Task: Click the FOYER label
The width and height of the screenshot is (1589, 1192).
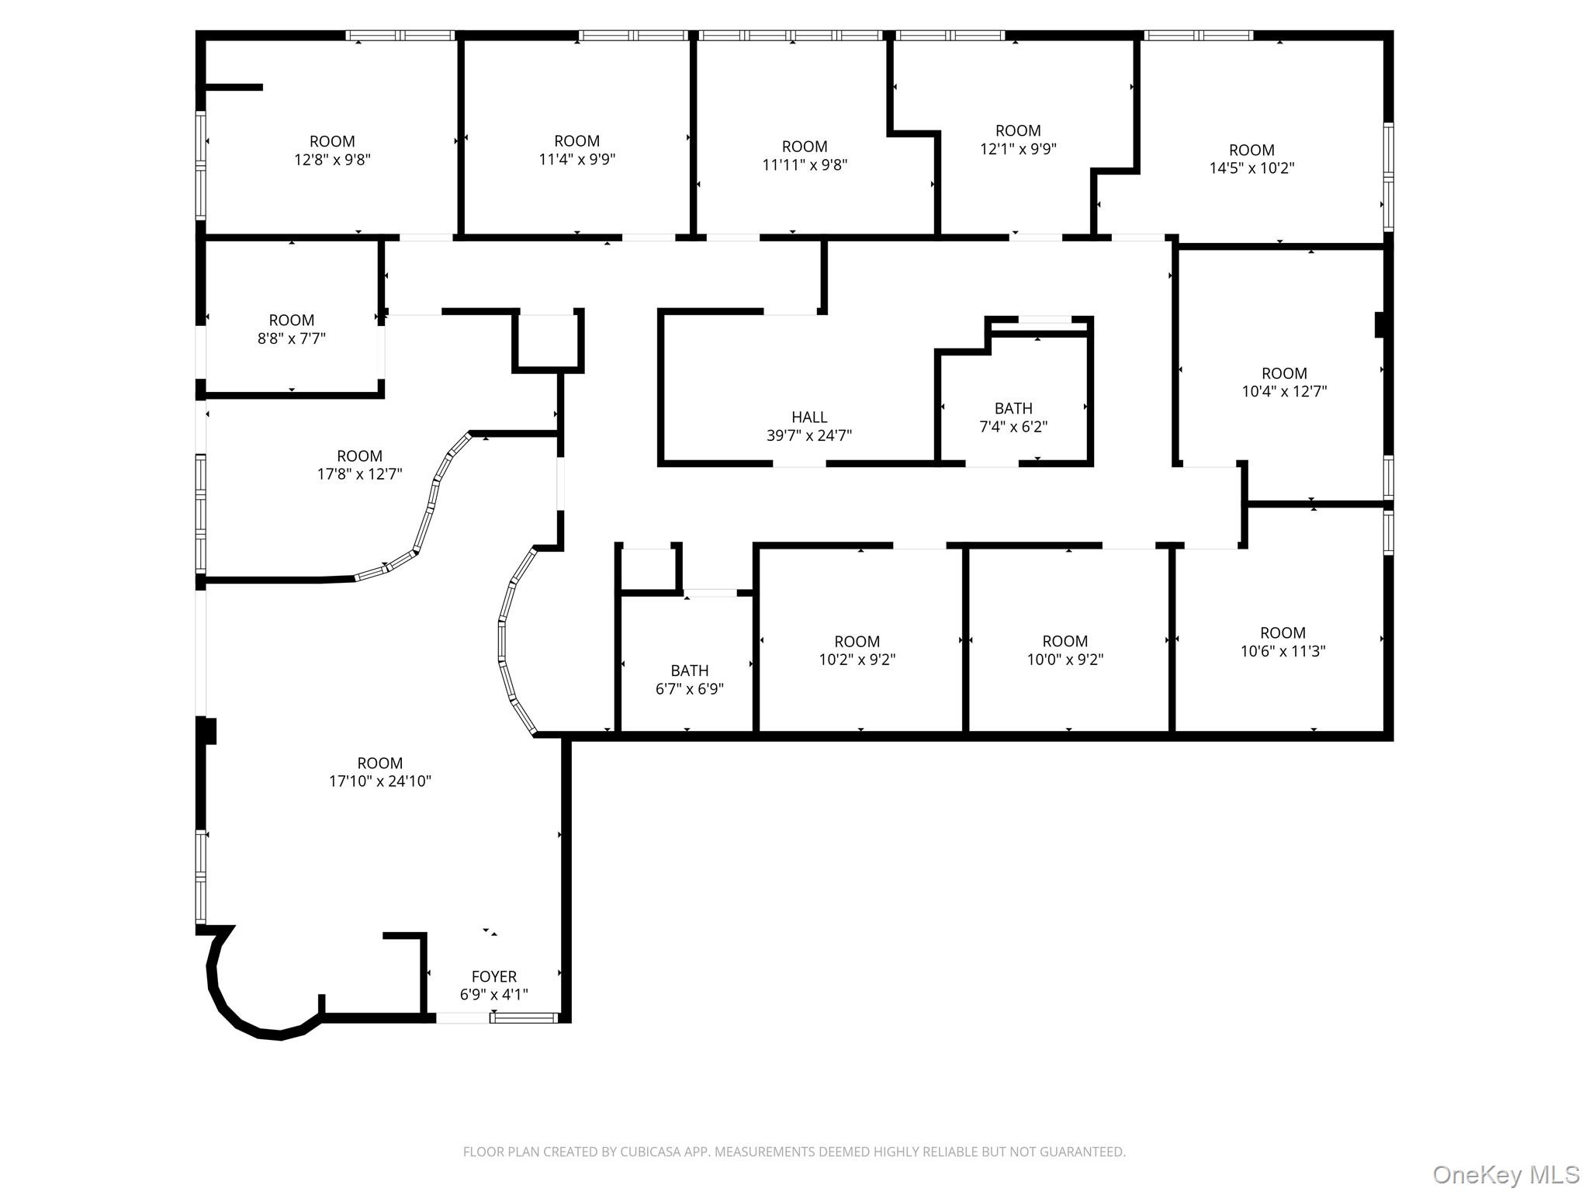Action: pyautogui.click(x=493, y=976)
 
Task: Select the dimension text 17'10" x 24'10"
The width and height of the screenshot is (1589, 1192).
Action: pyautogui.click(x=379, y=781)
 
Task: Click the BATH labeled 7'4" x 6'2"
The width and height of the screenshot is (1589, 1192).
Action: pyautogui.click(x=1013, y=417)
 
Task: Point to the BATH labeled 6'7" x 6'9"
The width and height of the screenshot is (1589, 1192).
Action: pyautogui.click(x=689, y=679)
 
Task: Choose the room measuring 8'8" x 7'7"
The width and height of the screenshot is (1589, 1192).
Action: pyautogui.click(x=291, y=329)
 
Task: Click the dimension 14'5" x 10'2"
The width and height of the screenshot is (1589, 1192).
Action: pyautogui.click(x=1251, y=168)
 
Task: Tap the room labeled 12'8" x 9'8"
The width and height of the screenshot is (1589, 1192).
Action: pyautogui.click(x=332, y=151)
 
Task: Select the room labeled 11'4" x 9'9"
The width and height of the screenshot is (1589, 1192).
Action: pyautogui.click(x=576, y=150)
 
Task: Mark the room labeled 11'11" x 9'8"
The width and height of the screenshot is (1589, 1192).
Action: pyautogui.click(x=805, y=155)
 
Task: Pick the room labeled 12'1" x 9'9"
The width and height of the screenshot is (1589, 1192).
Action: pyautogui.click(x=1018, y=140)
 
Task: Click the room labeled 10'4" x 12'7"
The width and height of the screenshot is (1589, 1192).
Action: pyautogui.click(x=1283, y=382)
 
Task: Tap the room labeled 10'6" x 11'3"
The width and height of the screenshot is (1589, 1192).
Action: pyautogui.click(x=1282, y=642)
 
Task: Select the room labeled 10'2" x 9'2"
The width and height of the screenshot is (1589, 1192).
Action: pyautogui.click(x=857, y=650)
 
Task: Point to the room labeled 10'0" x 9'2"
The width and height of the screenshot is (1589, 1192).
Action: pyautogui.click(x=1065, y=650)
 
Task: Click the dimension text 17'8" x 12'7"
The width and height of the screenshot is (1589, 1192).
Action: pyautogui.click(x=359, y=473)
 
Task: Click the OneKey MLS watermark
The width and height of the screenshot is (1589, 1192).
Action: pyautogui.click(x=1505, y=1174)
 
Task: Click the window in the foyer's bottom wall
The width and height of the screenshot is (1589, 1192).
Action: pyautogui.click(x=524, y=1017)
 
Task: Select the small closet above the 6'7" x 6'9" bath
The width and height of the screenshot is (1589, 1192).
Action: pyautogui.click(x=648, y=570)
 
